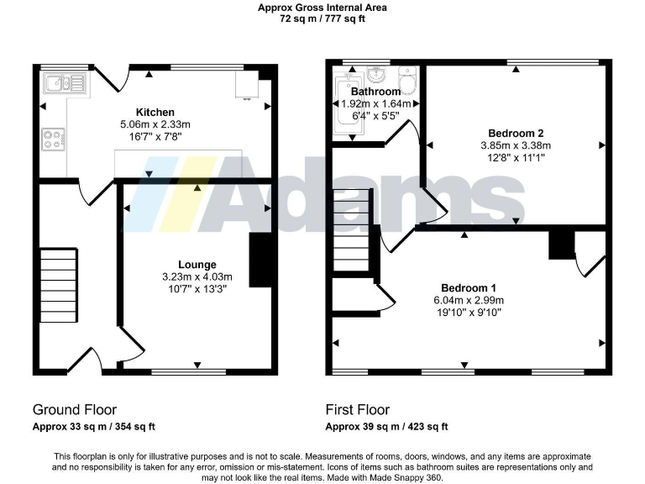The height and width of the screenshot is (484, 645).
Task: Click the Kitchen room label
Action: (x=155, y=112)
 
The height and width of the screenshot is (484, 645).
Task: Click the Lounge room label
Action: (x=197, y=265)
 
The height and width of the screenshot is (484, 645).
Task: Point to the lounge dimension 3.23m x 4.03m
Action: (x=197, y=276)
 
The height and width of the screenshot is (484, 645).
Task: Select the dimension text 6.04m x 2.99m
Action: (x=468, y=300)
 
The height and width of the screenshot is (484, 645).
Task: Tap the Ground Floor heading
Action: (x=75, y=410)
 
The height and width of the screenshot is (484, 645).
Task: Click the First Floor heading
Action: (x=358, y=410)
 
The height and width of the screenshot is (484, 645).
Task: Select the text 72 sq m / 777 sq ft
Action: (x=322, y=18)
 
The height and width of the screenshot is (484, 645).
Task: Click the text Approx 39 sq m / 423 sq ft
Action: (x=386, y=427)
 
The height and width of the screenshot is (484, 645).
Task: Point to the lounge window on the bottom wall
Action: (x=188, y=371)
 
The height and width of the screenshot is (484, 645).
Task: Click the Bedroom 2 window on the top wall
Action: (x=553, y=62)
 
